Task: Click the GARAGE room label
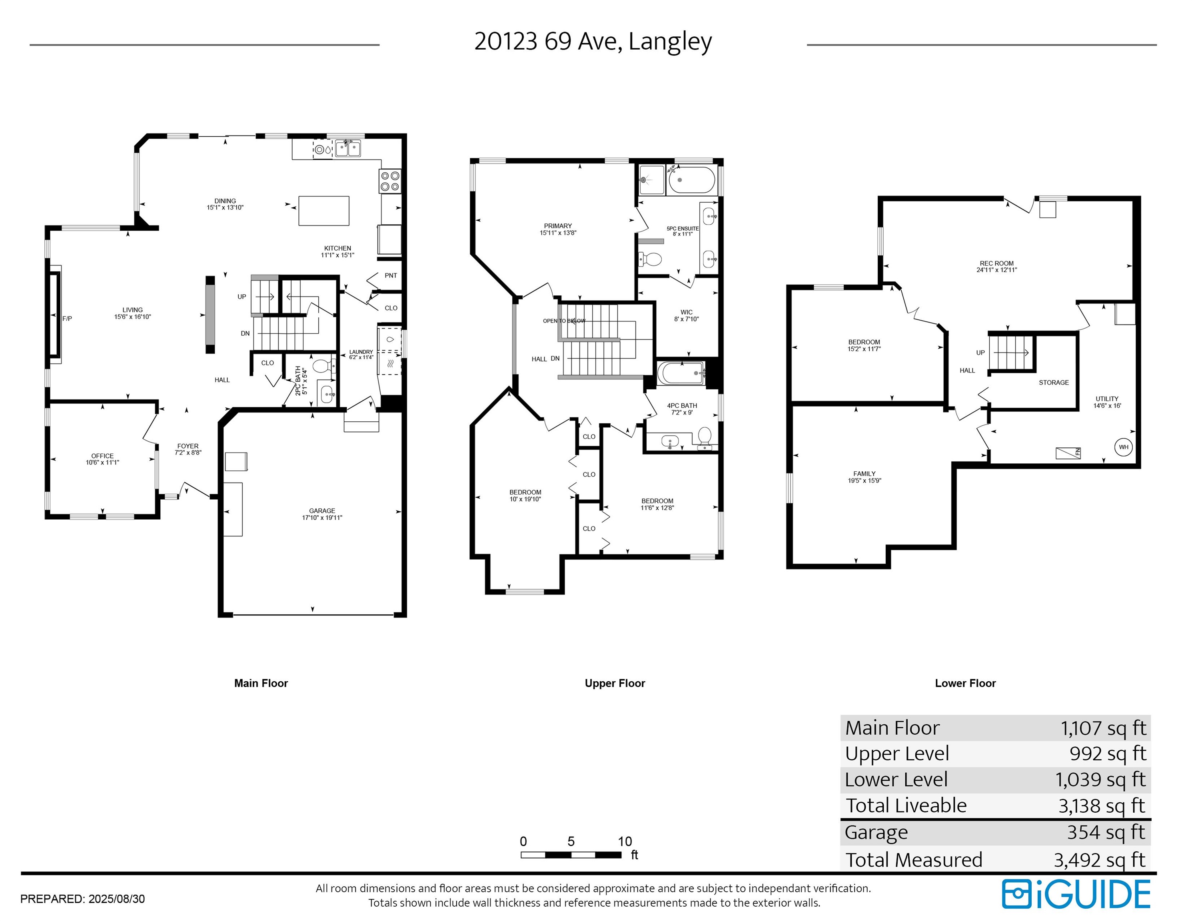point(322,511)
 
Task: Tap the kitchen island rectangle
point(323,211)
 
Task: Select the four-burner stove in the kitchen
point(390,181)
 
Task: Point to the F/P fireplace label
point(67,319)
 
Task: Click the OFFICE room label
point(103,456)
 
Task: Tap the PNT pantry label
point(391,275)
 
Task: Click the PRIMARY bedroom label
point(558,226)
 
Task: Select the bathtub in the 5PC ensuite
point(691,180)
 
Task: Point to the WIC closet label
point(687,313)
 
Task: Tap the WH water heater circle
point(1123,447)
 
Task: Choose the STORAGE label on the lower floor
point(1053,383)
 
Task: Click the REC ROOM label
point(996,263)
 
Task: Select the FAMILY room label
point(865,474)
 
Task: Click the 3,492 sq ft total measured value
point(1099,860)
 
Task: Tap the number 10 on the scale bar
point(625,841)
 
